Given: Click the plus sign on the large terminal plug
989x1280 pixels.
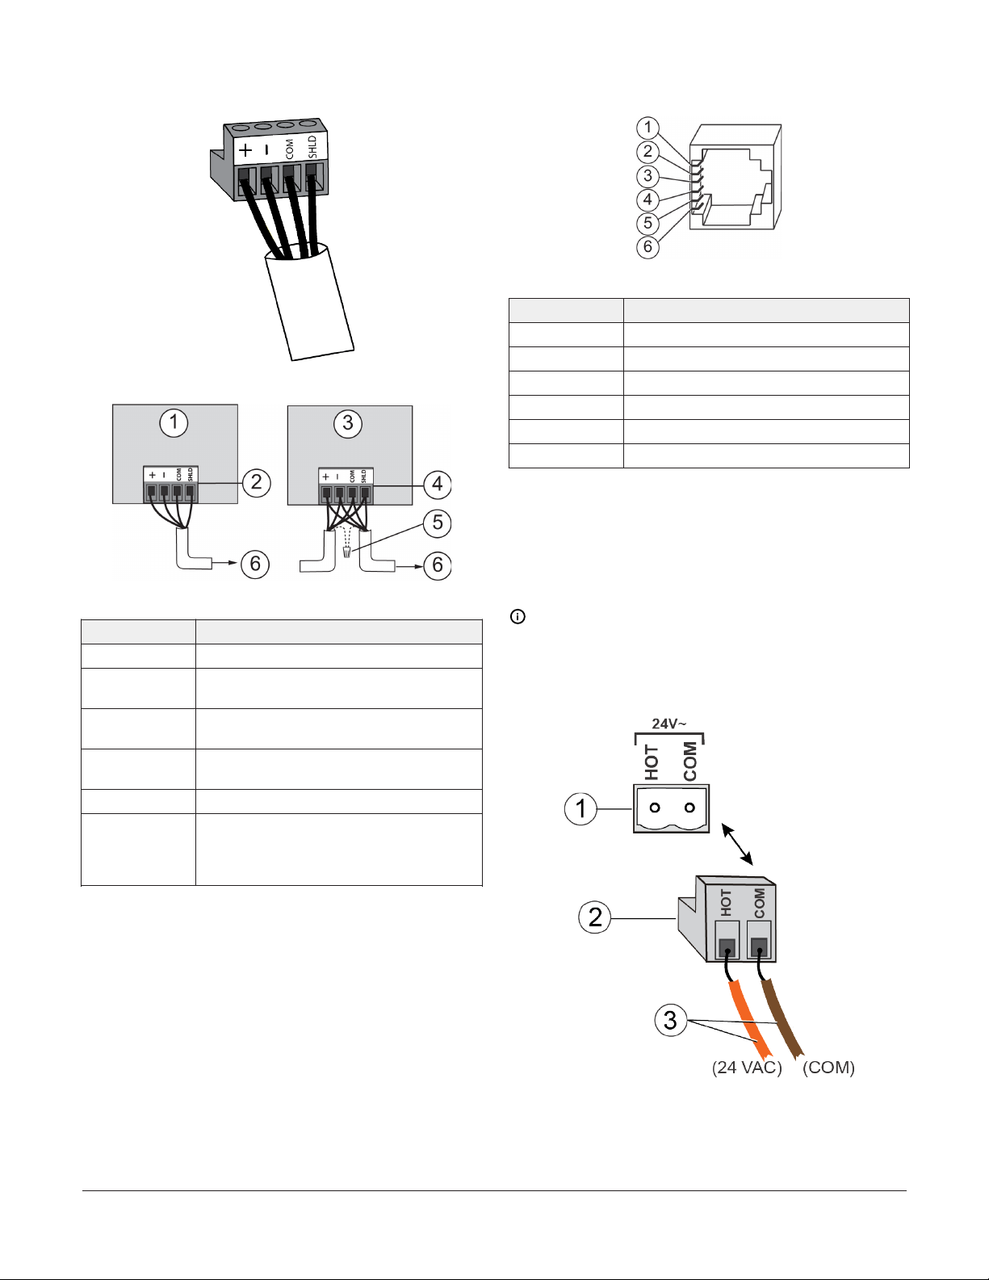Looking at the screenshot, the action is (245, 150).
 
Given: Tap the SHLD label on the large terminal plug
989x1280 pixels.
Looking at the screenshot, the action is (312, 147).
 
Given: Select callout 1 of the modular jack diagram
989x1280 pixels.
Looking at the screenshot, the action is (647, 128).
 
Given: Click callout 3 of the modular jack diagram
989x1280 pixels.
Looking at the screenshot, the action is (647, 175).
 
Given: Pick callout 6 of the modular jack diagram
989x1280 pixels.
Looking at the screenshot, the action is (647, 246).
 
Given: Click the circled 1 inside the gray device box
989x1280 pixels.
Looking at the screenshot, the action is (174, 422).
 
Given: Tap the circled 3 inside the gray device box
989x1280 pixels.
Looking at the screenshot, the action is (348, 423).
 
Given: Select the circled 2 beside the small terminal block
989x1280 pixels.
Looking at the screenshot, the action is (256, 482).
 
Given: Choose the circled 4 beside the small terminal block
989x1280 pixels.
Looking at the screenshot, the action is (438, 485).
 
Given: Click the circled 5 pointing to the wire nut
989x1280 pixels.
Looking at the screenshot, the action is (438, 522).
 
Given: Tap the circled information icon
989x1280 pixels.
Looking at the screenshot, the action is (518, 617).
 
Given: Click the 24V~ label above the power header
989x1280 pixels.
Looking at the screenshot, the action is (668, 724).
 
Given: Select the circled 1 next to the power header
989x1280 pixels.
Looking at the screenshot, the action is (580, 808).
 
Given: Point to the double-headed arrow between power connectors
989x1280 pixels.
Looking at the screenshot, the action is (737, 844).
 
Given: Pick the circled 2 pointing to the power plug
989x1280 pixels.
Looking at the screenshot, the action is (594, 917).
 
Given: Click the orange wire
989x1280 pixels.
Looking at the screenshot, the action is (749, 1018).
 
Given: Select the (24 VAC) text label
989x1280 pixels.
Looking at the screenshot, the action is (747, 1068).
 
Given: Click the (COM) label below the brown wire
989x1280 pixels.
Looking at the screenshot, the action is (828, 1068).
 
